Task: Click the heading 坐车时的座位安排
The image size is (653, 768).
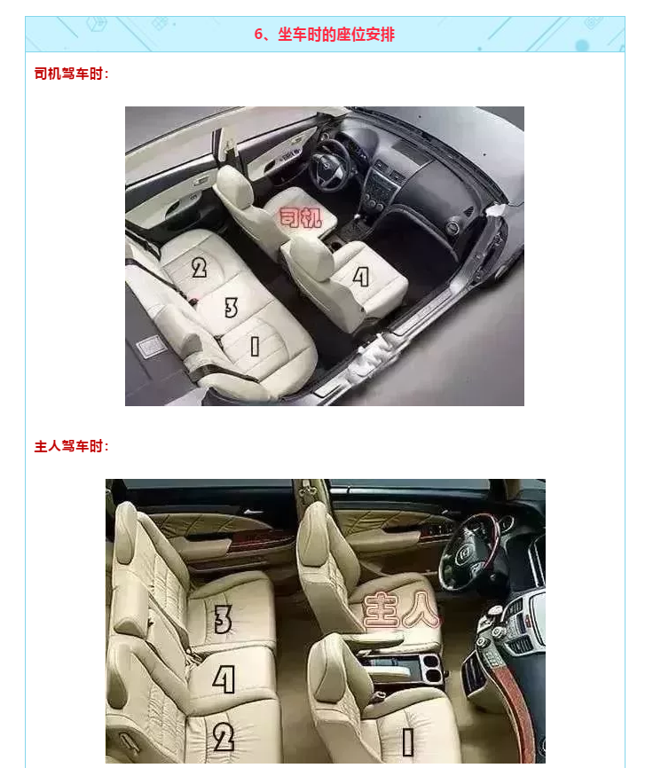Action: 336,35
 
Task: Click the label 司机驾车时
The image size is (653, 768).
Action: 68,74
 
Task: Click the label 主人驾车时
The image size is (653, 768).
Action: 68,446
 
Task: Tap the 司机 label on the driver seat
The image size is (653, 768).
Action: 300,217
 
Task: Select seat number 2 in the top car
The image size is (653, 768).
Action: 199,268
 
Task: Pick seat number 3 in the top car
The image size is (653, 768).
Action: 231,308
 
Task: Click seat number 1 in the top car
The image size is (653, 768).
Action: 255,346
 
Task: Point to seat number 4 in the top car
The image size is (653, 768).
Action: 360,277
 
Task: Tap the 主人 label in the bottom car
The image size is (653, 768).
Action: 401,609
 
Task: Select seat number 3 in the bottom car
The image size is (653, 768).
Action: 223,619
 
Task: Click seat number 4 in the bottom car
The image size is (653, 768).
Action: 224,678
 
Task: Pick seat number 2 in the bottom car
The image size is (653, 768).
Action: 224,737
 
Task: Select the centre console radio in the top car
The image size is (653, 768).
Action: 380,189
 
